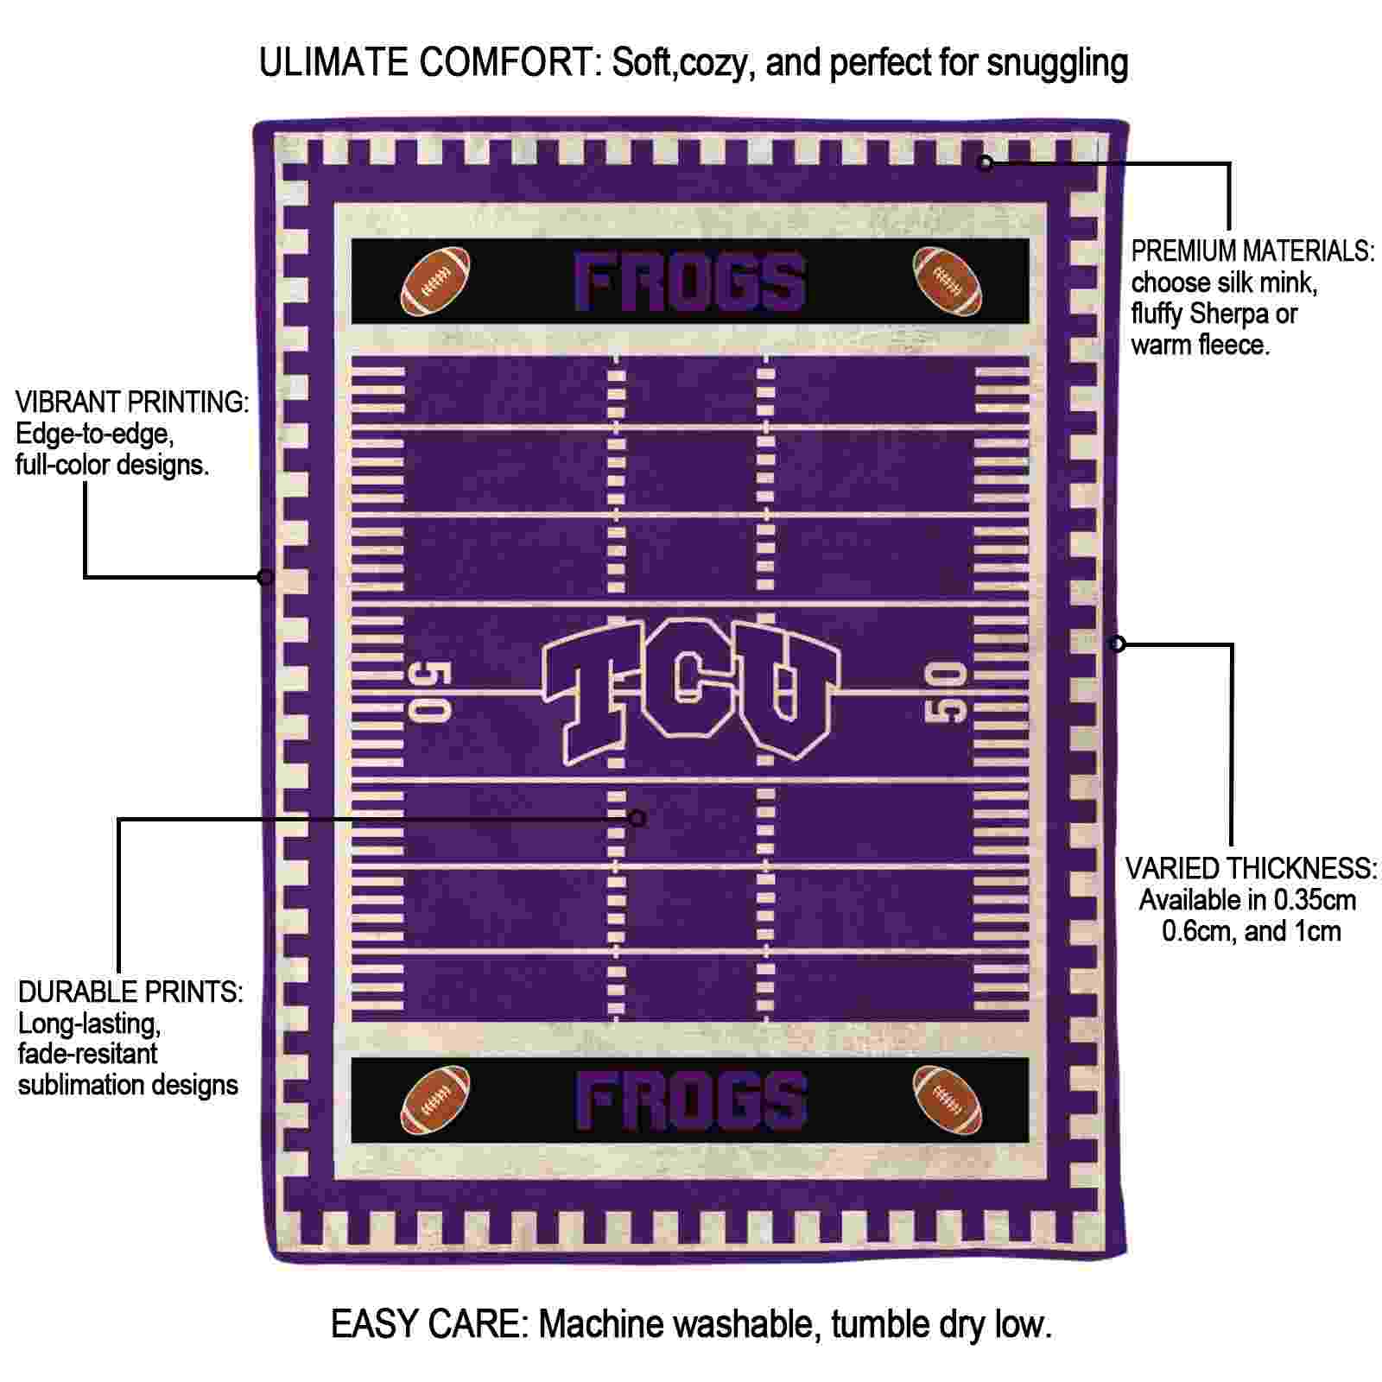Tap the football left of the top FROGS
point(436,282)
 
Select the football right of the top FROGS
point(948,282)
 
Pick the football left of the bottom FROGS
point(436,1100)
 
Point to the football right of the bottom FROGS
point(948,1100)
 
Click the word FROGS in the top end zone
point(691,282)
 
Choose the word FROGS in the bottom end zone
point(691,1101)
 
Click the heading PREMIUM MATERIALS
point(1252,251)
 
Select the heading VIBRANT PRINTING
point(132,402)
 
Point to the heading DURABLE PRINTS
point(130,992)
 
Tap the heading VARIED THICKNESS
point(1251,868)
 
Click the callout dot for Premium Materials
point(985,162)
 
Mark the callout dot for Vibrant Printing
point(266,577)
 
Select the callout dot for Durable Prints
point(637,818)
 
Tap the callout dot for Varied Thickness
point(1118,643)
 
